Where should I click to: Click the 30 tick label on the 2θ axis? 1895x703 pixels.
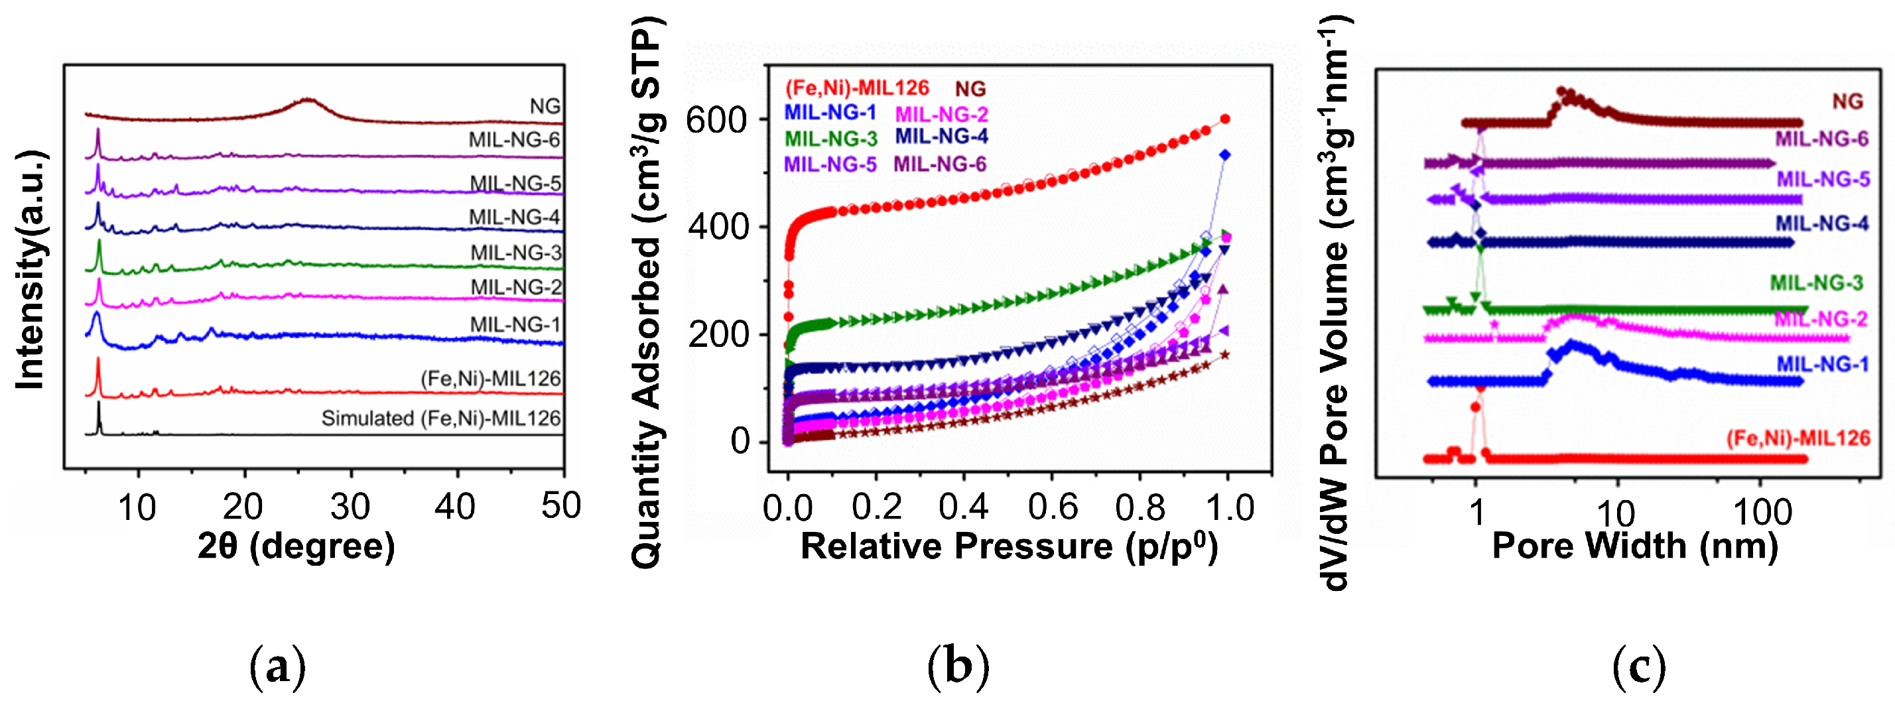click(350, 507)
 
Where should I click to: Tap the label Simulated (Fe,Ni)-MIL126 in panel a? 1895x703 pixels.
click(440, 418)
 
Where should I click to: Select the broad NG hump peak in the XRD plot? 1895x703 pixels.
click(308, 101)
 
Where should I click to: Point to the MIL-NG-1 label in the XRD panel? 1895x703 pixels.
click(515, 324)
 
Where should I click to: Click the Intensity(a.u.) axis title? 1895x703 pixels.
click(31, 269)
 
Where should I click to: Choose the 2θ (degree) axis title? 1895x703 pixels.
click(296, 546)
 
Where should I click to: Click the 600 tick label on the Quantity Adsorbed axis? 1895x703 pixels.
click(716, 120)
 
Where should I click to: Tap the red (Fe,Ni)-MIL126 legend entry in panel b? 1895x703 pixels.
click(856, 88)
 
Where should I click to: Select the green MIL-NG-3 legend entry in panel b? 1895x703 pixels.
click(830, 138)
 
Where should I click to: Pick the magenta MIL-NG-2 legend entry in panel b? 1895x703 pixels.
click(941, 114)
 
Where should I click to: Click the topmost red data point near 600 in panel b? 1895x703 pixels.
click(1225, 119)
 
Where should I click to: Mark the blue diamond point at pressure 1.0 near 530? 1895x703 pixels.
click(1225, 155)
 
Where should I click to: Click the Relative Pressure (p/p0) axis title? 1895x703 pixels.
click(1009, 546)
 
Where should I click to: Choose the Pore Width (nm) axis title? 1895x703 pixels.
click(1634, 546)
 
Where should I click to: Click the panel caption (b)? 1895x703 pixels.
click(958, 667)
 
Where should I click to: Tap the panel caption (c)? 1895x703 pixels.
click(1638, 667)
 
